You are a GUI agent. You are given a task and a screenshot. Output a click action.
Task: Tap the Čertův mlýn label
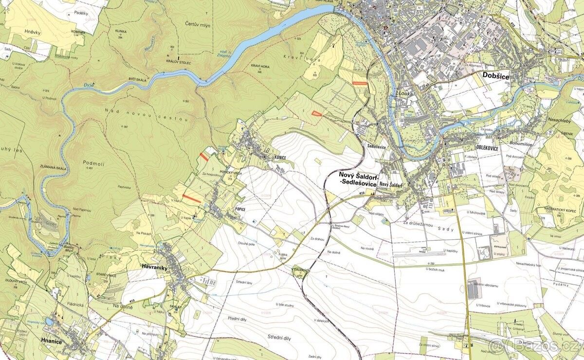198,25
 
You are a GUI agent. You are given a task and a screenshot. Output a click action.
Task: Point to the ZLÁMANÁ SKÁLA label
53,168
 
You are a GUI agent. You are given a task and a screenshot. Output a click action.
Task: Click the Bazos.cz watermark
535,346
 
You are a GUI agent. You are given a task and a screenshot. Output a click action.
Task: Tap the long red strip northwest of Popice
192,198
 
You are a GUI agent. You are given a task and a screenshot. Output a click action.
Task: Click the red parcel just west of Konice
204,157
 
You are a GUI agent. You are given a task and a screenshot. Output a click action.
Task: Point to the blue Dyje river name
88,85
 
